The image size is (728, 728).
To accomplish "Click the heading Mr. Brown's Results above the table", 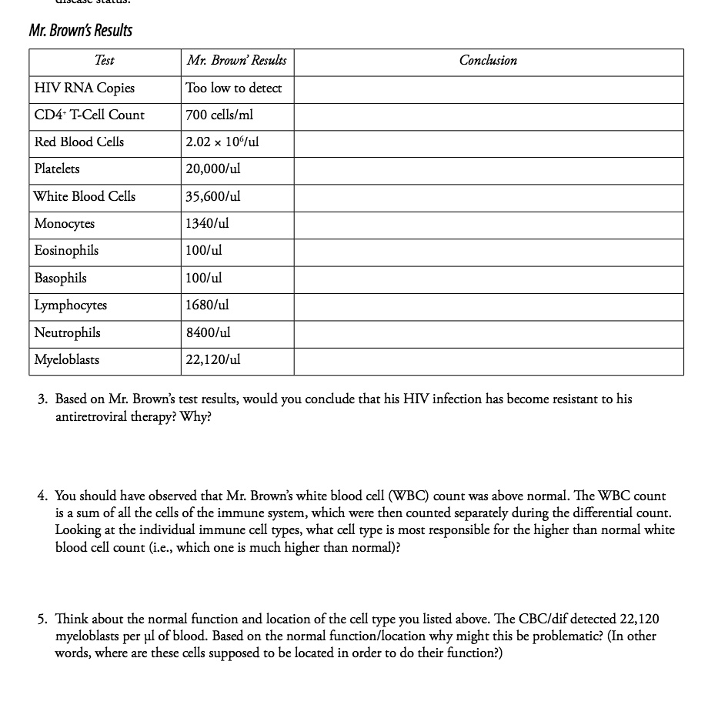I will (80, 31).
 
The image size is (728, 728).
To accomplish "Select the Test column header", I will (105, 61).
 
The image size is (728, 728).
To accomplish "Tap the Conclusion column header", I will (488, 61).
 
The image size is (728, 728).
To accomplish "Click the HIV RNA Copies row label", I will (85, 88).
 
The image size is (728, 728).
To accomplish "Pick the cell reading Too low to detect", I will (234, 88).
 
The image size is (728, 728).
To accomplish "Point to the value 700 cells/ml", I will (219, 115).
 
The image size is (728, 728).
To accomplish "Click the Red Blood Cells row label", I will (79, 142).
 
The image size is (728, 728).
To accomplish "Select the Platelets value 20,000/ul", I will (213, 169).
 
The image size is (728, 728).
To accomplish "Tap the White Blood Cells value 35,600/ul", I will (213, 197).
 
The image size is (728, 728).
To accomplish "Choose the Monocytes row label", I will (65, 224).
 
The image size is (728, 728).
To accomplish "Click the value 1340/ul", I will (208, 224).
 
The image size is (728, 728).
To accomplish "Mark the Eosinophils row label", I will (66, 251).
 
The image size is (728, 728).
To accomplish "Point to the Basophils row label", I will (61, 279).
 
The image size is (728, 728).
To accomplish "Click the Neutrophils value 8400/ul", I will (209, 333).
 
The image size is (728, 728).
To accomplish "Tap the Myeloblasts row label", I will (67, 360).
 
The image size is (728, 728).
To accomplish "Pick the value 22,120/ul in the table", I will (213, 360).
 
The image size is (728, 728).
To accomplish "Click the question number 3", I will (43, 399).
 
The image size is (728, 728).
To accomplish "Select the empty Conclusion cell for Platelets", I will (488, 169).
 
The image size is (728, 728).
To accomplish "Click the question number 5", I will (43, 619).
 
